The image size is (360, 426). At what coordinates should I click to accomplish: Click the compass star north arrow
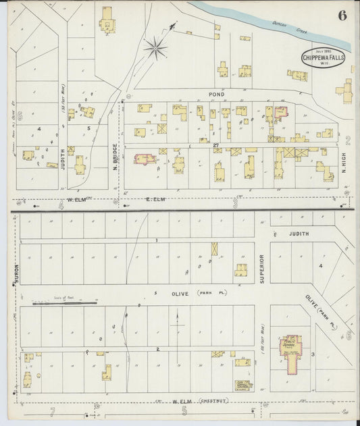pyautogui.click(x=155, y=47)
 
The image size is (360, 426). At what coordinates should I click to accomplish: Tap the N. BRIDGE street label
pyautogui.click(x=115, y=156)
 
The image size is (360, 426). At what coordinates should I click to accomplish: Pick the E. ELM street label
pyautogui.click(x=155, y=201)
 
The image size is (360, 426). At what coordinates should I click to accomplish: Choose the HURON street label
pyautogui.click(x=14, y=272)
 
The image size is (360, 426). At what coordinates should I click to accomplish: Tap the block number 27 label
pyautogui.click(x=215, y=145)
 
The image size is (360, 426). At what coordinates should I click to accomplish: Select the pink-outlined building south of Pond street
pyautogui.click(x=280, y=111)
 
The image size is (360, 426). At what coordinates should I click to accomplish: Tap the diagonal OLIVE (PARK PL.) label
pyautogui.click(x=321, y=311)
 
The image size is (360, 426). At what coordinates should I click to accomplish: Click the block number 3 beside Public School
pyautogui.click(x=313, y=354)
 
